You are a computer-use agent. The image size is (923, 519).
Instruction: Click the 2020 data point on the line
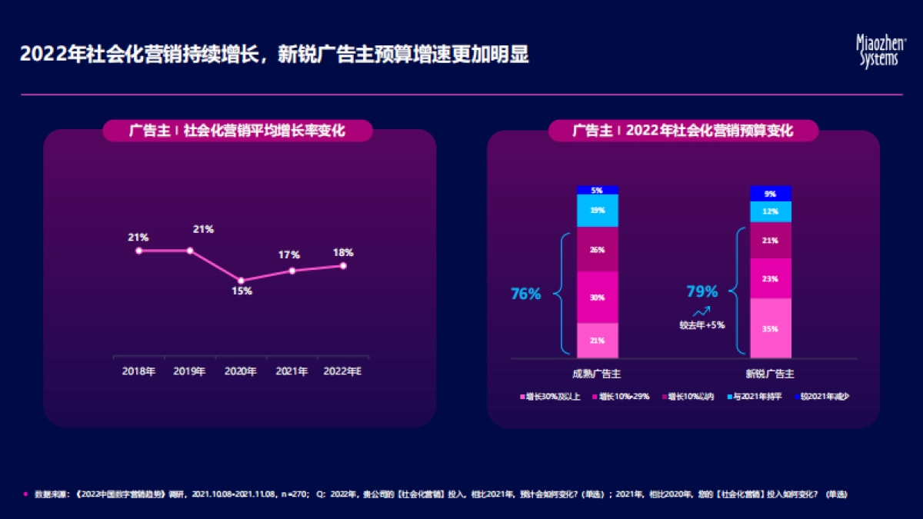(x=241, y=281)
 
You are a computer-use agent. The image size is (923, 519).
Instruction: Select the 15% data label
(x=241, y=291)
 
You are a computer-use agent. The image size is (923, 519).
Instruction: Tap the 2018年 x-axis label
(x=138, y=371)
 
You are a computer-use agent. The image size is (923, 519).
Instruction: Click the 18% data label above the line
(x=343, y=252)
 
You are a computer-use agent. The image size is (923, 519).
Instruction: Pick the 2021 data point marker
(x=292, y=271)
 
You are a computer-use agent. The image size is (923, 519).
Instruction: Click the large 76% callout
(x=526, y=294)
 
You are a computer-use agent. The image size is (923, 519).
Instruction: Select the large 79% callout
(x=701, y=291)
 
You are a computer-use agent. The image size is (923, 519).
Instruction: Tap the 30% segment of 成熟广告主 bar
(x=598, y=298)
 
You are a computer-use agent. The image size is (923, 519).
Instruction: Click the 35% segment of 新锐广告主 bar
(x=771, y=328)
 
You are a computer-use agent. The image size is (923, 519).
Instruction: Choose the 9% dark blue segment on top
(x=771, y=194)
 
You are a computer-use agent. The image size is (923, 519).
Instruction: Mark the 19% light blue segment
(x=598, y=210)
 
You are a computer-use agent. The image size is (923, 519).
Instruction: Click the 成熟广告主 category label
(x=597, y=374)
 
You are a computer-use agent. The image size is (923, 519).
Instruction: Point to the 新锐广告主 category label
(x=770, y=374)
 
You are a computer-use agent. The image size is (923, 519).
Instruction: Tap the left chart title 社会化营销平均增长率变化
(x=238, y=131)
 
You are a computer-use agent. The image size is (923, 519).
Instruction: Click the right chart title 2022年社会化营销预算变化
(x=683, y=131)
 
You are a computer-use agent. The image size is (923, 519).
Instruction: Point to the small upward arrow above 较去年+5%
(x=701, y=312)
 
